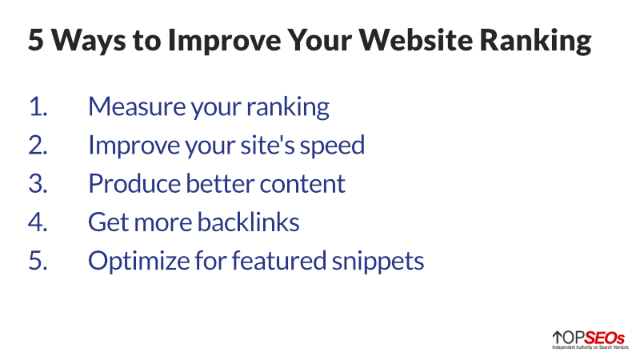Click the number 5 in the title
pyautogui.click(x=37, y=41)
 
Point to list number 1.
pyautogui.click(x=38, y=107)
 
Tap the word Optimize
pyautogui.click(x=134, y=262)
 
